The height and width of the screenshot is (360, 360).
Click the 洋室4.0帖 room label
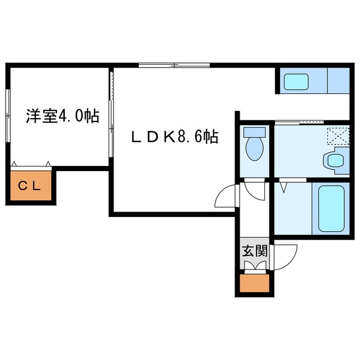coord(62,116)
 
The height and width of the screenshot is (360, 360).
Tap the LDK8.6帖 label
coord(175,137)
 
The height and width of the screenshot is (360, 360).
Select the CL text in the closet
coord(30,186)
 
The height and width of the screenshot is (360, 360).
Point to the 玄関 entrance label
coord(255,251)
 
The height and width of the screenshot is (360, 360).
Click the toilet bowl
coord(254,149)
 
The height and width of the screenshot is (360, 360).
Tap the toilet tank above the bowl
coord(254,132)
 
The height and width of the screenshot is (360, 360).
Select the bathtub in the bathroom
coord(331,209)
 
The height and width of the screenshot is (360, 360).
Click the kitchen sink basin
coord(296,82)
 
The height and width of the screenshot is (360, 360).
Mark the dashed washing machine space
coord(339,136)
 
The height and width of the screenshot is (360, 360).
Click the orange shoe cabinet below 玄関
coord(254,283)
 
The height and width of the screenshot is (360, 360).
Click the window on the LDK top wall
coord(174,65)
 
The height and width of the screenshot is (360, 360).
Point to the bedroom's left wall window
coord(8,116)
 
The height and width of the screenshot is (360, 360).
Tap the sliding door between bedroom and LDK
coord(111,114)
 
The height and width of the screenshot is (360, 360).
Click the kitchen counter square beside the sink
coord(339,80)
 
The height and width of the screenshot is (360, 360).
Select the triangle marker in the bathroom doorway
coord(284,187)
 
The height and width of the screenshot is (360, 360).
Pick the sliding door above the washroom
coord(299,123)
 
